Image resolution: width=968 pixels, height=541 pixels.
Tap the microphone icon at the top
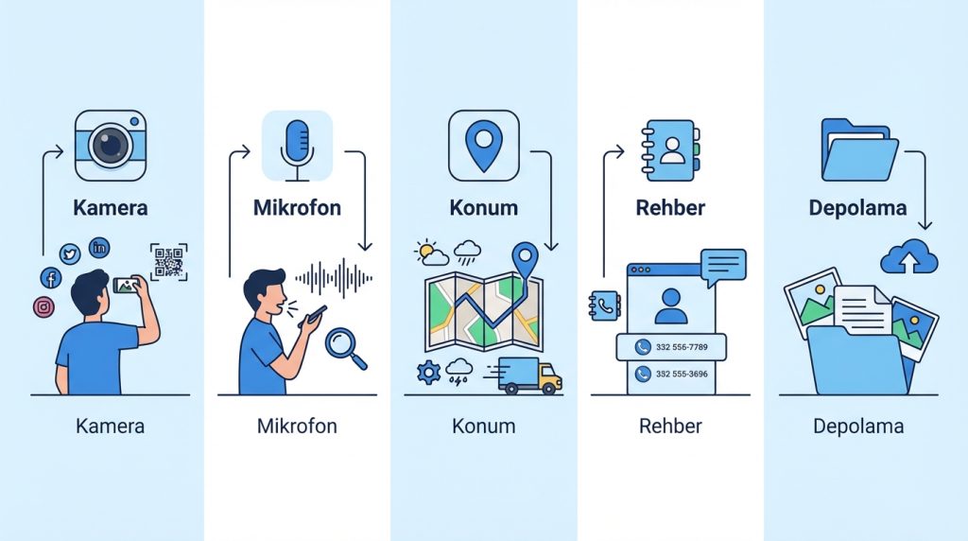pyautogui.click(x=297, y=145)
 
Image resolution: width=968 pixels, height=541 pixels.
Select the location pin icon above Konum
pyautogui.click(x=484, y=144)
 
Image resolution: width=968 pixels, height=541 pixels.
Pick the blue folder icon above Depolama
pyautogui.click(x=858, y=148)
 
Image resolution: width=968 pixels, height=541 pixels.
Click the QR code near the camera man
pyautogui.click(x=168, y=262)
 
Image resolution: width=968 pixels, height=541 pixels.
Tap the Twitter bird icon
pyautogui.click(x=70, y=253)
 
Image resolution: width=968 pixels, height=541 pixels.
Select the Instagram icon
pyautogui.click(x=43, y=306)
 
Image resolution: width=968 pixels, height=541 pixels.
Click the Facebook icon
pyautogui.click(x=50, y=277)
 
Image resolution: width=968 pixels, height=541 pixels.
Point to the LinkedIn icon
pyautogui.click(x=99, y=248)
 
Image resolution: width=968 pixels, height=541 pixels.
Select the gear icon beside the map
pyautogui.click(x=429, y=373)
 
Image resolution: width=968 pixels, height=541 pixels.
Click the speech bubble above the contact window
pyautogui.click(x=723, y=265)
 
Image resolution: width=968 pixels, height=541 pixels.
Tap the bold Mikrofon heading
pyautogui.click(x=297, y=207)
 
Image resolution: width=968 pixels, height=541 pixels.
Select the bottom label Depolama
pyautogui.click(x=858, y=427)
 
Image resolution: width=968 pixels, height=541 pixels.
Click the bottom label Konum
pyautogui.click(x=484, y=427)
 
